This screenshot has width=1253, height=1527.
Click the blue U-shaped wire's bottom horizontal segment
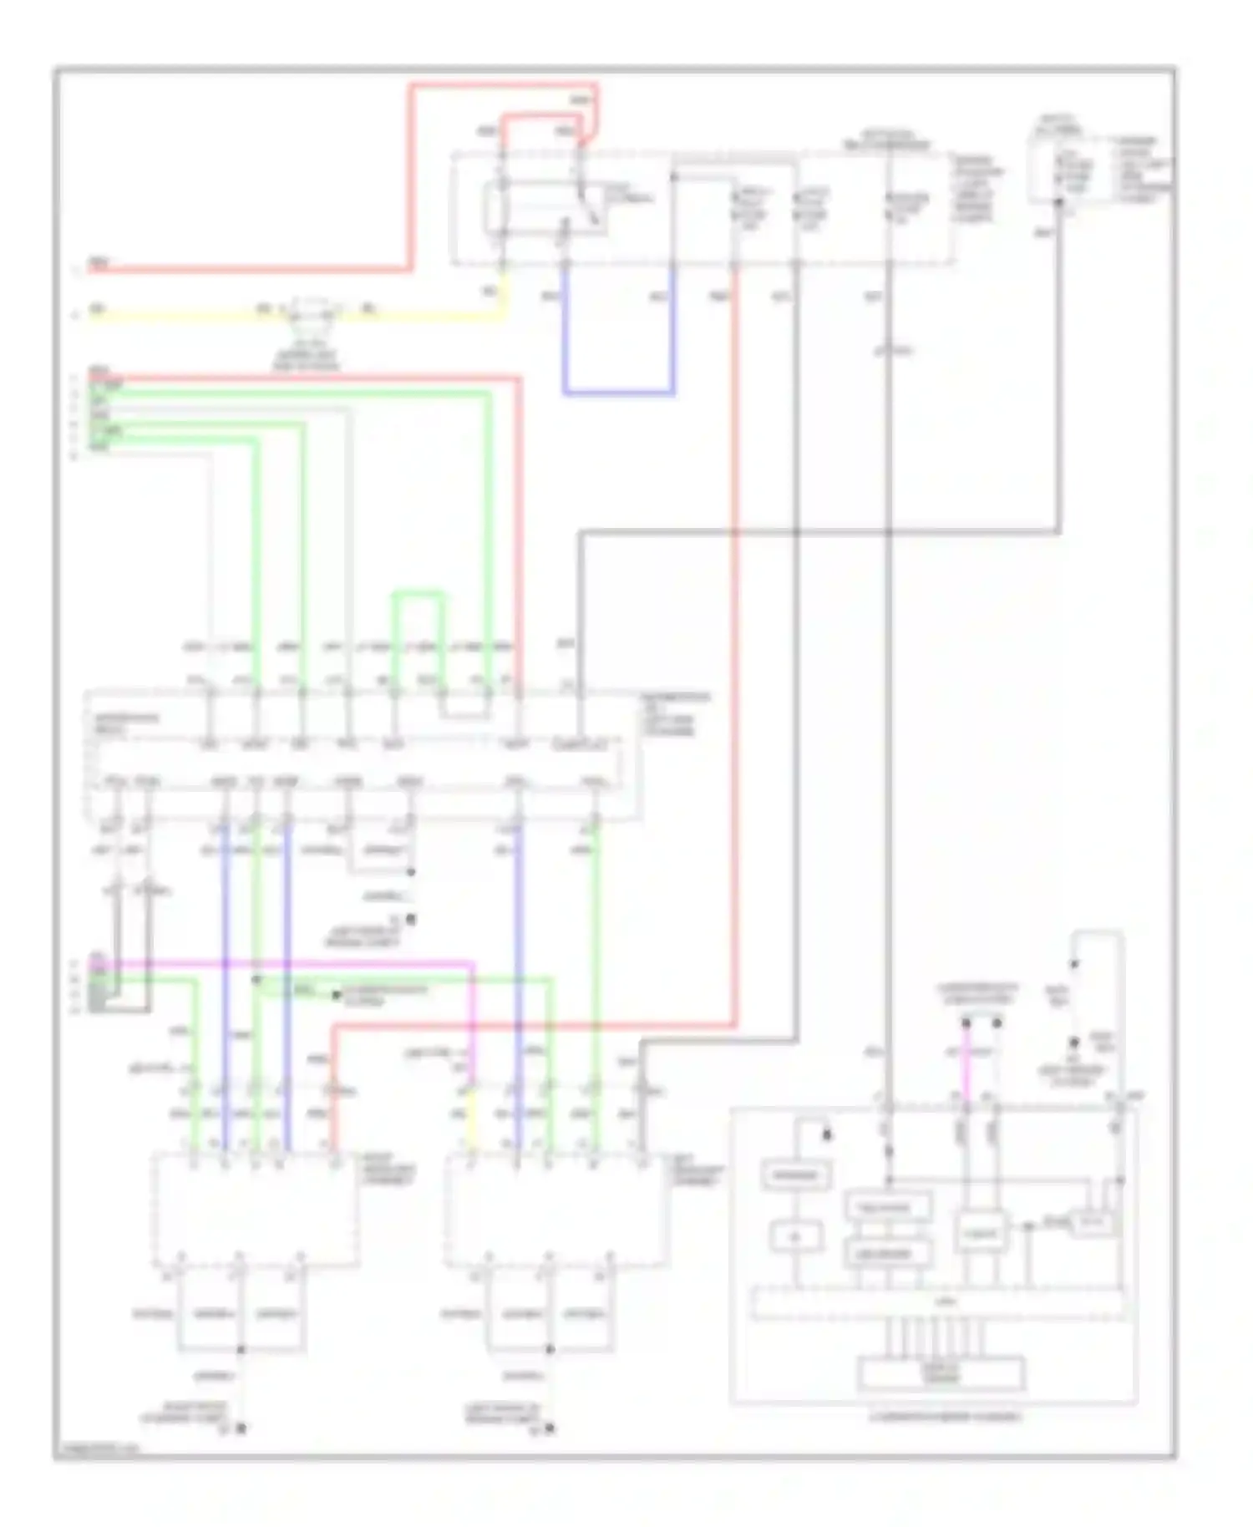618,391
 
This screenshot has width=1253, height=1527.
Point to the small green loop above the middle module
418,595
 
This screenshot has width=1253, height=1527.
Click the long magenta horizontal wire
284,964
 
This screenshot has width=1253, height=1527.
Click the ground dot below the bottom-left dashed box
241,1428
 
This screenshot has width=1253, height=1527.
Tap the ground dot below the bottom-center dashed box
549,1428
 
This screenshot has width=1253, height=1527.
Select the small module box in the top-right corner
1059,171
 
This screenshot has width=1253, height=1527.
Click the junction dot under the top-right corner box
1058,202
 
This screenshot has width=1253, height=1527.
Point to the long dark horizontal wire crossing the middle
819,530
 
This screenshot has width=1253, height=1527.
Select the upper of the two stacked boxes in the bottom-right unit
889,1207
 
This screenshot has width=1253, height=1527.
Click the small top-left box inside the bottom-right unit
796,1176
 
